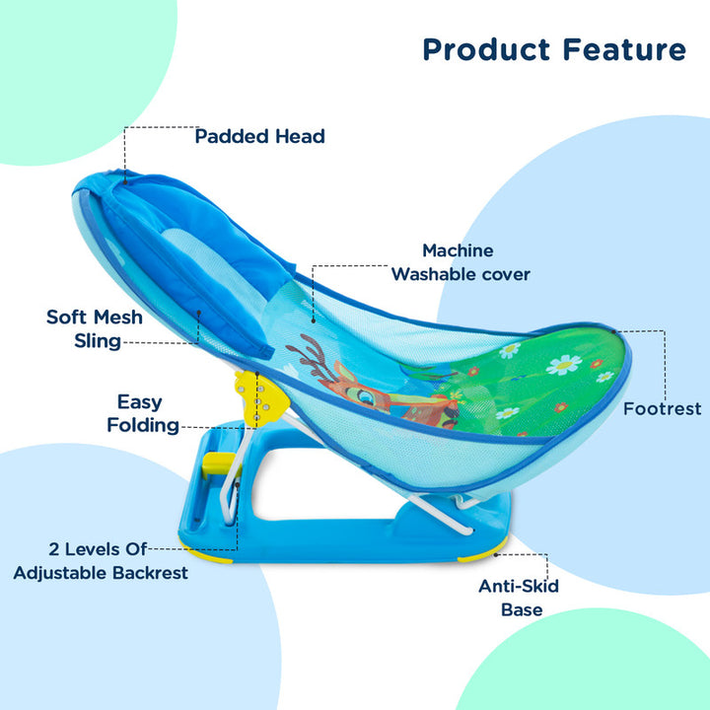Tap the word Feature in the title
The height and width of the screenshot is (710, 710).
[625, 49]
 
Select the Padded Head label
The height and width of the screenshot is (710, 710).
[259, 136]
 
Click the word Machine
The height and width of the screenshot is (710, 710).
[458, 250]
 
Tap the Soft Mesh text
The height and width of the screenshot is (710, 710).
[95, 317]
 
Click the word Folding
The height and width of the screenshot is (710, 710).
[143, 425]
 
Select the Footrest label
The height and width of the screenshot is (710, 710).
[662, 407]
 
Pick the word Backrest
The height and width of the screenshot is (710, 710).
[148, 572]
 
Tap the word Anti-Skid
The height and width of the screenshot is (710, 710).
[519, 586]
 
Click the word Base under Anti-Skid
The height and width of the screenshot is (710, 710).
[521, 609]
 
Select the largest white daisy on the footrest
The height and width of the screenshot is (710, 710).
[563, 364]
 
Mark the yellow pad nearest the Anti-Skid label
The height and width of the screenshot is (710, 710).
[483, 555]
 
